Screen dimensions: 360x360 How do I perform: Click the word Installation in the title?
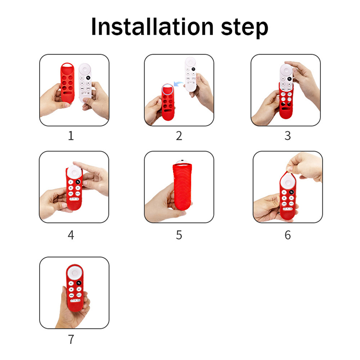(x=153, y=27)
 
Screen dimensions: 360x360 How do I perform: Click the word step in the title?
(x=244, y=28)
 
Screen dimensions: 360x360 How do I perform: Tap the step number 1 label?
(x=71, y=135)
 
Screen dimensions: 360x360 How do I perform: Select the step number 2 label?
(x=179, y=136)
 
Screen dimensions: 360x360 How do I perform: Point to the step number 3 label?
(x=288, y=136)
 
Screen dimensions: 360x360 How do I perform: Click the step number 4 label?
(x=71, y=235)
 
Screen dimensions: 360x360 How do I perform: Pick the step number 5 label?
(x=179, y=235)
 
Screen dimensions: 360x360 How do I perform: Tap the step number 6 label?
(x=288, y=235)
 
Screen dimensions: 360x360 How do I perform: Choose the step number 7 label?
(x=71, y=339)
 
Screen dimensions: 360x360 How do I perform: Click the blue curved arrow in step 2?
(x=178, y=83)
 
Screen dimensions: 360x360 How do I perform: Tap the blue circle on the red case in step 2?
(x=167, y=89)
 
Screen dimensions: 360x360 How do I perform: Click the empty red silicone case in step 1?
(x=67, y=83)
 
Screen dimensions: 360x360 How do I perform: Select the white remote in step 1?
(x=85, y=83)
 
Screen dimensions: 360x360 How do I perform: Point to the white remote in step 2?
(x=191, y=74)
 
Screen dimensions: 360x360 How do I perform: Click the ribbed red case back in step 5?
(x=182, y=187)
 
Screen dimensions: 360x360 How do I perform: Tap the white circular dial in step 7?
(x=75, y=273)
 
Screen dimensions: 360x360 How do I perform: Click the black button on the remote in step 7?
(x=79, y=283)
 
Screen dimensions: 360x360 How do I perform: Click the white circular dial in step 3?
(x=286, y=71)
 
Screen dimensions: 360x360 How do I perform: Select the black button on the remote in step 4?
(x=78, y=182)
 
